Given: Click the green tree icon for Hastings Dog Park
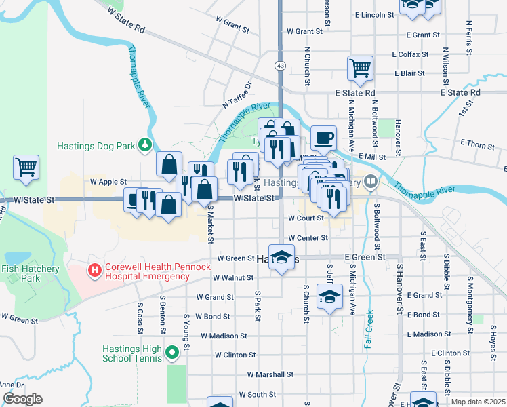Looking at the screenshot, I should point(144,144).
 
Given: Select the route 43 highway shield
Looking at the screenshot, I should point(280,65).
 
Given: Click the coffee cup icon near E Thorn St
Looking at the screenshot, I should point(323,138).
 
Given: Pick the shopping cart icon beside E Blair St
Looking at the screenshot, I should point(360,67).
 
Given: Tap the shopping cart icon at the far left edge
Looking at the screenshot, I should point(26,166).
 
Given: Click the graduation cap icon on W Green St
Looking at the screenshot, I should point(283,258).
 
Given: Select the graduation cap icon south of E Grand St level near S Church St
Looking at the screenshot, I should point(329,297).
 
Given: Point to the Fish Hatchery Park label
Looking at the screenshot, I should point(30,273).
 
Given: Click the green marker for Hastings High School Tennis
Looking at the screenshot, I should point(172,351).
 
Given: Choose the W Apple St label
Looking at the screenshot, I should point(108,182).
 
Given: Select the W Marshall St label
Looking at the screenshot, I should point(270,374).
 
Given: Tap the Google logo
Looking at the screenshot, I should point(22,398).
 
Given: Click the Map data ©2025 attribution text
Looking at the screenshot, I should point(478,402).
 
